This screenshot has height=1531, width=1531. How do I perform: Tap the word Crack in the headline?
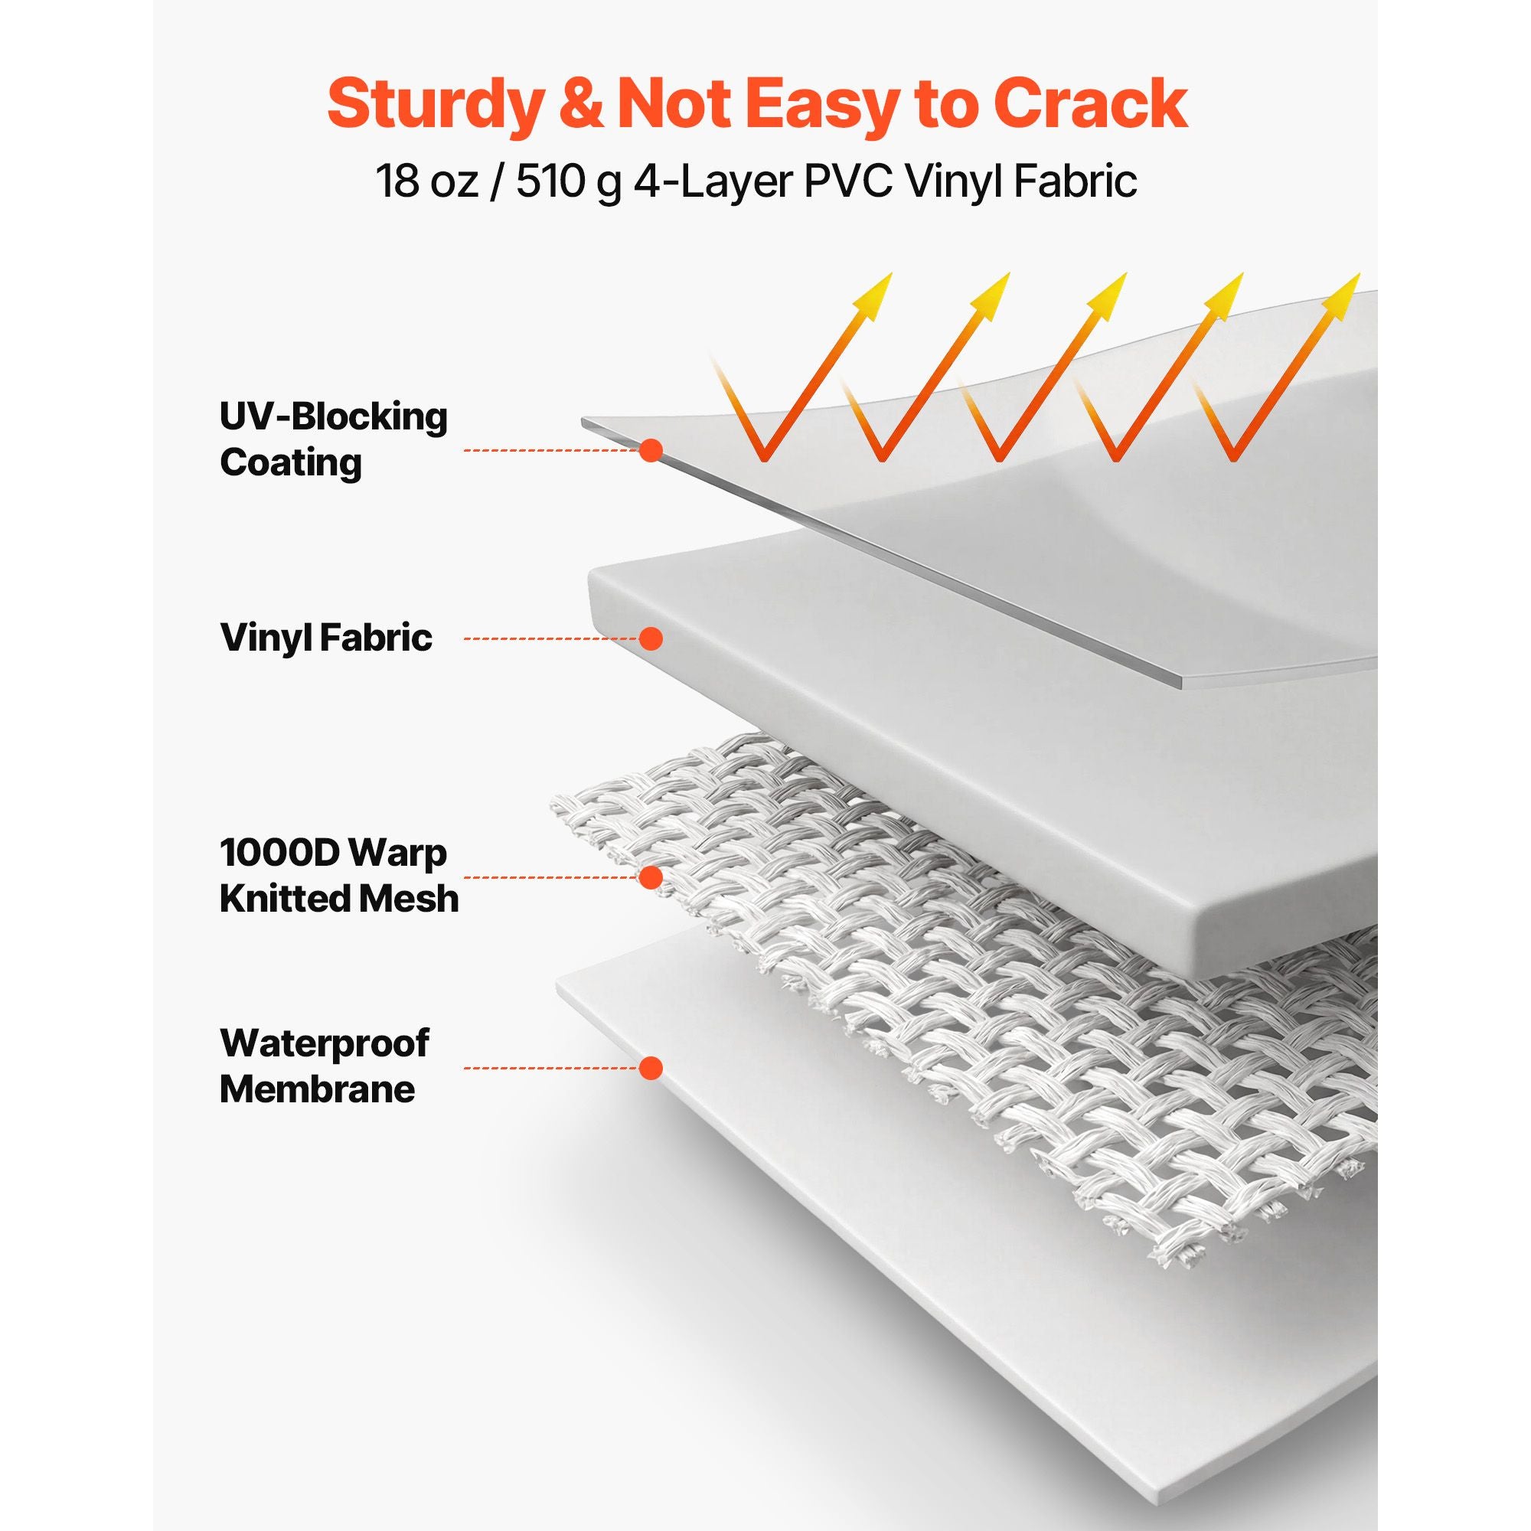pyautogui.click(x=1090, y=103)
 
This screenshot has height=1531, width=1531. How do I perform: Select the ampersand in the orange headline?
pyautogui.click(x=581, y=103)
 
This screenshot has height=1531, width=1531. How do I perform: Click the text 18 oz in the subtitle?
pyautogui.click(x=427, y=181)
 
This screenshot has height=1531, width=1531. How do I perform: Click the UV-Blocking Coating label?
pyautogui.click(x=334, y=439)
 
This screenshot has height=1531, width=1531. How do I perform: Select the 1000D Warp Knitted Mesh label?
pyautogui.click(x=339, y=876)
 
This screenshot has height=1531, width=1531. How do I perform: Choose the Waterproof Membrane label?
pyautogui.click(x=324, y=1066)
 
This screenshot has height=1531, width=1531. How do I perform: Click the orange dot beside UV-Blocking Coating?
pyautogui.click(x=651, y=450)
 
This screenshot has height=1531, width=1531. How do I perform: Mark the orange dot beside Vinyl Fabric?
pyautogui.click(x=651, y=638)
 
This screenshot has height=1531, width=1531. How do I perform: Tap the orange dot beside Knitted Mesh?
pyautogui.click(x=651, y=877)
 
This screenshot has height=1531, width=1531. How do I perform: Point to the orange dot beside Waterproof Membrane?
pyautogui.click(x=651, y=1068)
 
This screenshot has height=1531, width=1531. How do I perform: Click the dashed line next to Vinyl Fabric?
pyautogui.click(x=551, y=638)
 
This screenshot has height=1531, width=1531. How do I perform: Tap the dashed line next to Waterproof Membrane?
pyautogui.click(x=551, y=1068)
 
